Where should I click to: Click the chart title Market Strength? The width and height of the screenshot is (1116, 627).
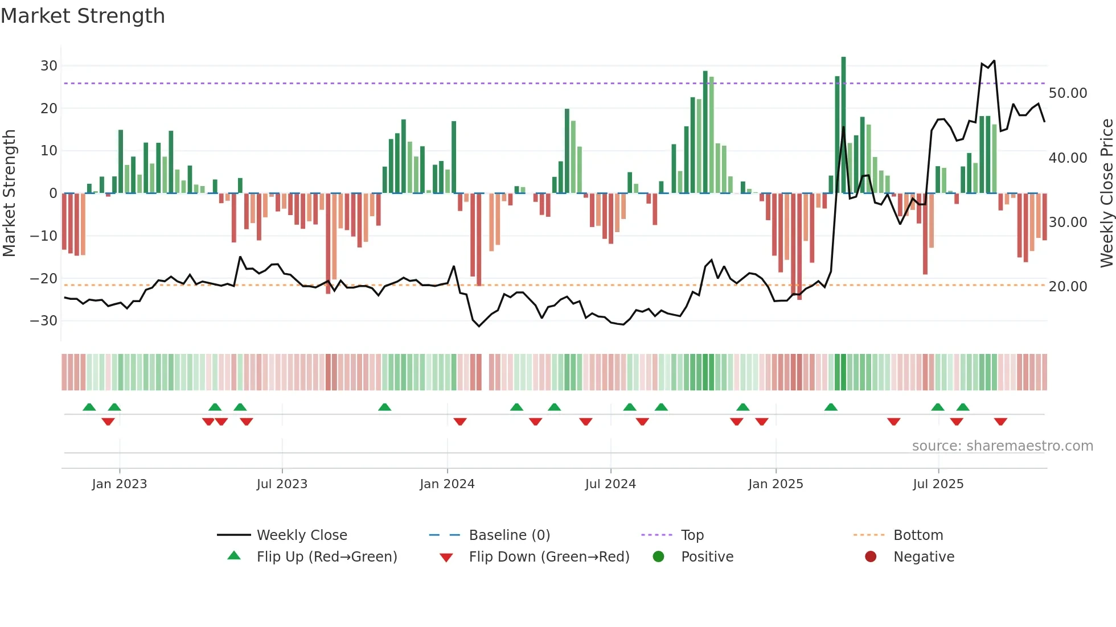[x=83, y=16]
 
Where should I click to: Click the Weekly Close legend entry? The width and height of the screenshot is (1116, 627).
[x=301, y=535]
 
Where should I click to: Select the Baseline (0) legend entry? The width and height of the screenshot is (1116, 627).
[x=509, y=535]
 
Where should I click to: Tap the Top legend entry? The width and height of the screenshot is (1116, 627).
[x=692, y=535]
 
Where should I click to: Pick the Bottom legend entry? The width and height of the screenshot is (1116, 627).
[x=918, y=535]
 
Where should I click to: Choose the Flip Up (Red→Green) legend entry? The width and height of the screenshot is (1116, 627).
[x=326, y=557]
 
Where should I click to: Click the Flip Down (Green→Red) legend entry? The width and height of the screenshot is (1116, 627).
[x=549, y=557]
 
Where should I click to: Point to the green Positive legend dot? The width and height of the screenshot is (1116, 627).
[x=659, y=557]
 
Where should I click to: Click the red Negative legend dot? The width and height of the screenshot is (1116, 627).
[x=871, y=557]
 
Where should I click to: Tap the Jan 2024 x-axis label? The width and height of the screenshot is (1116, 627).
[x=447, y=484]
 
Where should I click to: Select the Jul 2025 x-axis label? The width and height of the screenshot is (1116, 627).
[x=938, y=484]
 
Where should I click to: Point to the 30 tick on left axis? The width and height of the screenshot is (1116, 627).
[x=49, y=66]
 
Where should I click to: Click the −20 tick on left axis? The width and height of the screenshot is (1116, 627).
[x=44, y=279]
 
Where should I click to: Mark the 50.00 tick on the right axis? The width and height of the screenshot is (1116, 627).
[x=1068, y=93]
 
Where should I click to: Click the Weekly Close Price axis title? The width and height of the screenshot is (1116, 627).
[x=1106, y=193]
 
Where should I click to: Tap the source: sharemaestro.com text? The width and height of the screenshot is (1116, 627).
[x=1002, y=446]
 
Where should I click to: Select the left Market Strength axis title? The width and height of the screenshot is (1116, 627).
[x=10, y=193]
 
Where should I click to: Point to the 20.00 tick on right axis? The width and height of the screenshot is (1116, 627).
[x=1068, y=287]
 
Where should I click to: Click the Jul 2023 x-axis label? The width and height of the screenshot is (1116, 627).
[x=282, y=484]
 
